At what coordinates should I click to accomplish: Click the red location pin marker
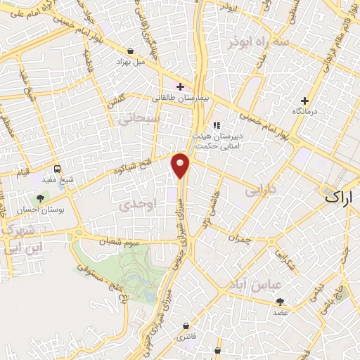pos(181,165)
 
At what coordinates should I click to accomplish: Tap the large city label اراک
pos(341,198)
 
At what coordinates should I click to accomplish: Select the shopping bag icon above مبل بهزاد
pos(131,51)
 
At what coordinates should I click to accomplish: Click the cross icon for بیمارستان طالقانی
pos(180,87)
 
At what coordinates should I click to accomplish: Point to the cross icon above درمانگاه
pos(304,101)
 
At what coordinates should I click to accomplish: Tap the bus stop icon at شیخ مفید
pos(57,169)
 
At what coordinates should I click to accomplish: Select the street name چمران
pos(240,239)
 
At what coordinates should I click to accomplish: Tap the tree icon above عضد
pos(281,300)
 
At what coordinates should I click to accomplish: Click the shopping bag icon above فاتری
pos(185,327)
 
